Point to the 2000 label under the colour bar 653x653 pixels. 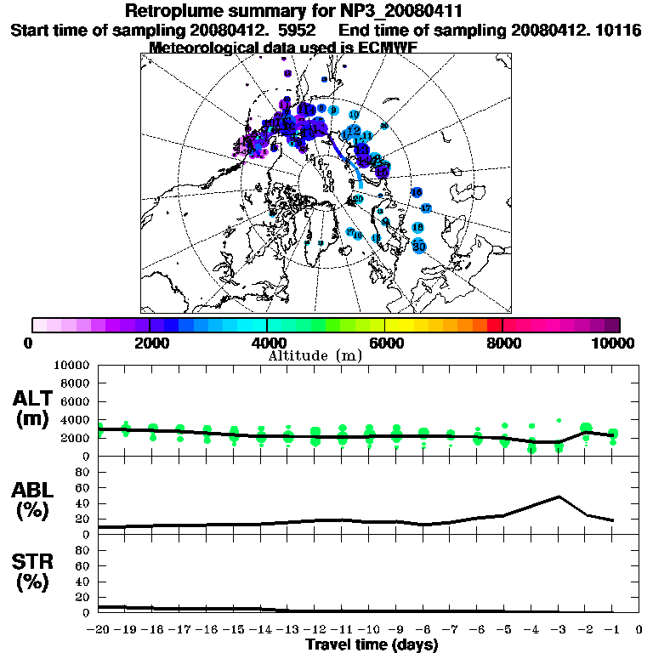click(150, 343)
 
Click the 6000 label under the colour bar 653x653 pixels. click(384, 343)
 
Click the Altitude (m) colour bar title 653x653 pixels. click(315, 355)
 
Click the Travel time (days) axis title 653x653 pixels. click(372, 645)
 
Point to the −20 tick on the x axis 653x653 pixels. click(99, 630)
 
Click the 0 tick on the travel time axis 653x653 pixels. click(639, 630)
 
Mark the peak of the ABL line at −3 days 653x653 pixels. click(559, 497)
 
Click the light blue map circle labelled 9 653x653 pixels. click(334, 111)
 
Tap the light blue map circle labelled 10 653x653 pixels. click(354, 114)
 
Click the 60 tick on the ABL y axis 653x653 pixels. click(84, 488)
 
